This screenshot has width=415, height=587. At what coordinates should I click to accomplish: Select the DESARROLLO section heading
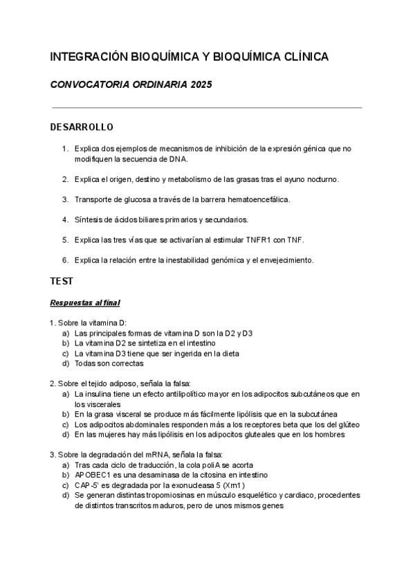tap(82, 128)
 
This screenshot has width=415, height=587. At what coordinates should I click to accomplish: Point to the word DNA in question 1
tap(178, 159)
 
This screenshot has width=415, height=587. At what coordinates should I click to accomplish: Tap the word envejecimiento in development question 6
tap(286, 260)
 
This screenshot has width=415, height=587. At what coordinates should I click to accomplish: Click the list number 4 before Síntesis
tap(65, 219)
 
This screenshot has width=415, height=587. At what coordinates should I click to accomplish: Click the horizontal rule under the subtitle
tap(207, 108)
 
